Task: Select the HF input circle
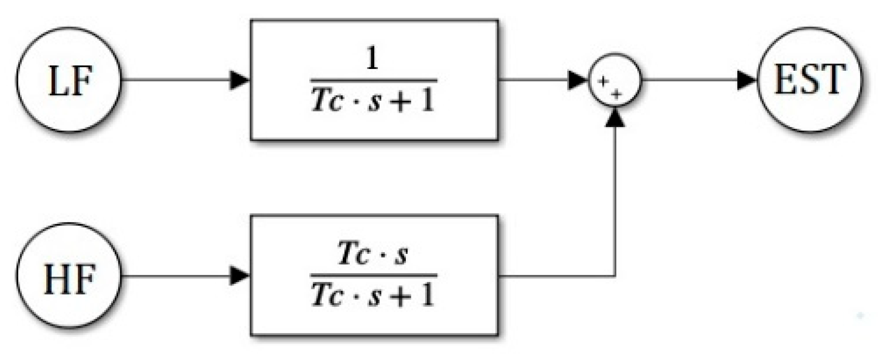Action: [x=69, y=276]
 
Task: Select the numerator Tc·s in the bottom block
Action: [x=373, y=254]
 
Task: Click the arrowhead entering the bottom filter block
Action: [x=240, y=276]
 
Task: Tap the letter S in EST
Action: [x=809, y=79]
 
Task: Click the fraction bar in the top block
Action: [x=374, y=81]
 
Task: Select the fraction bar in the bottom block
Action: [x=374, y=275]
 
